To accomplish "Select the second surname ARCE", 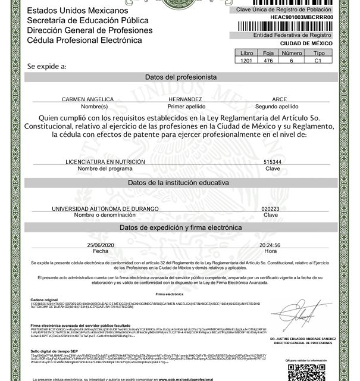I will coord(279,99).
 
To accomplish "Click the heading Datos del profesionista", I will coord(180,77).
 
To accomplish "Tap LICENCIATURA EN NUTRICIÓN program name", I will coord(98,161).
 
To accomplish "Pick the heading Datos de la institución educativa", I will coord(180,182).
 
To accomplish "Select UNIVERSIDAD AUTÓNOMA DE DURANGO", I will coord(105,208).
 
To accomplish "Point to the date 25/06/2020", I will coord(101,245).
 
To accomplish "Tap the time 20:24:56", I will coord(270,245).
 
